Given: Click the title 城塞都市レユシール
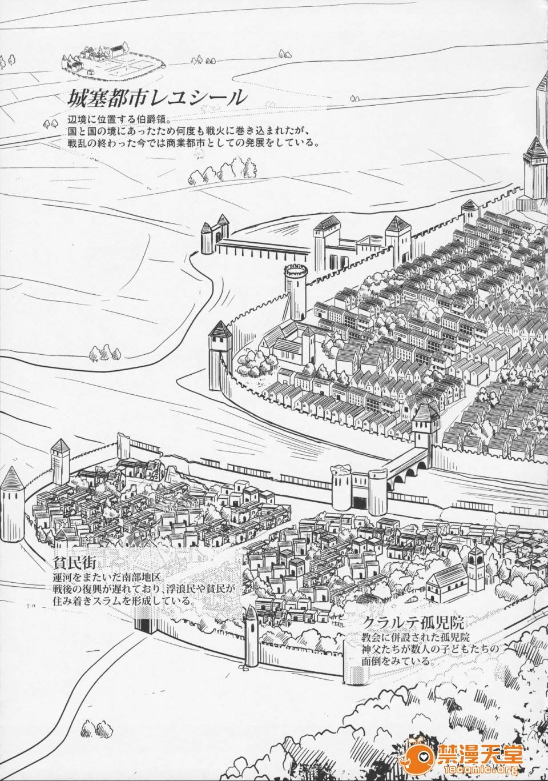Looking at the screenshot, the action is click(155, 97).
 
